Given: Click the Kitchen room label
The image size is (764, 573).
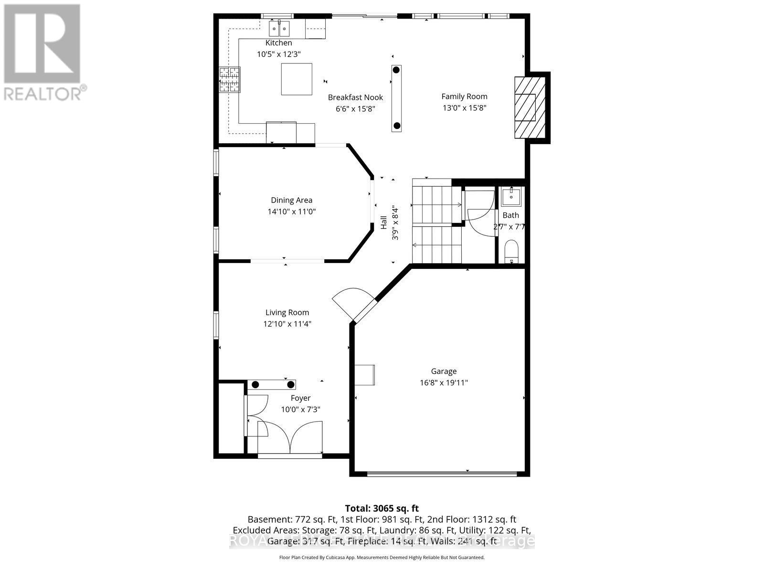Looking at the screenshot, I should click(x=278, y=43).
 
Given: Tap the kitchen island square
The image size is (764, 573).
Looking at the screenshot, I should click(x=297, y=79).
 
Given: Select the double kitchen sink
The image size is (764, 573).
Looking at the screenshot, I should click(x=279, y=29).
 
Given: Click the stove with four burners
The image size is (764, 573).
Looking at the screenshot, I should click(x=230, y=80).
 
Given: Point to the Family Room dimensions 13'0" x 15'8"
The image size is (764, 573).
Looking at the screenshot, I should click(x=464, y=108).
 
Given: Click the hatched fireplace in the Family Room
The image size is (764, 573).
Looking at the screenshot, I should click(x=530, y=107).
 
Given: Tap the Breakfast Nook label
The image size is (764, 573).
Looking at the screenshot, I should click(x=355, y=97).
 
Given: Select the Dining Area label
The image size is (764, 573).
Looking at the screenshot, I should click(x=291, y=200).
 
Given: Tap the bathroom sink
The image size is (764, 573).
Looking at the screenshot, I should click(x=511, y=195).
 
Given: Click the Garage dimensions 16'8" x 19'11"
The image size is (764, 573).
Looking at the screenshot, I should click(x=444, y=382).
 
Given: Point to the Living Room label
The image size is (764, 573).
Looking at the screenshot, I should click(x=287, y=312).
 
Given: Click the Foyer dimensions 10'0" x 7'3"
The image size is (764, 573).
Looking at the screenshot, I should click(x=300, y=409).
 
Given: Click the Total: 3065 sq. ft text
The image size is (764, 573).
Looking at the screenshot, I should click(x=382, y=508).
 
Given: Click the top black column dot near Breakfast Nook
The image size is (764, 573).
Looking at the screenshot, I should click(x=396, y=70).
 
